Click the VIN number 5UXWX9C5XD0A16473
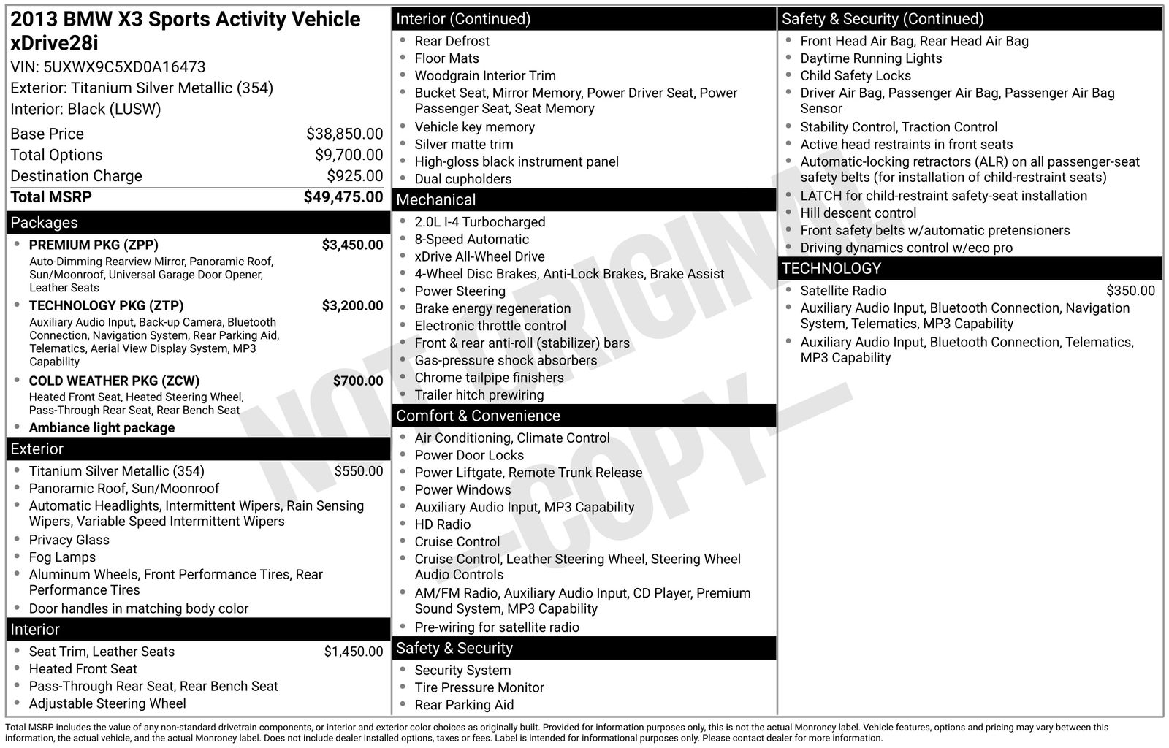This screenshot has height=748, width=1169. pyautogui.click(x=124, y=67)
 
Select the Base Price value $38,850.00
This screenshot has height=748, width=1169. pyautogui.click(x=344, y=134)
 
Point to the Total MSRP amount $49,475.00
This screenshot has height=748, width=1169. pyautogui.click(x=343, y=197)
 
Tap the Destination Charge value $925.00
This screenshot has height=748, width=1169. pyautogui.click(x=354, y=176)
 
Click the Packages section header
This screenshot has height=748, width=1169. pyautogui.click(x=44, y=223)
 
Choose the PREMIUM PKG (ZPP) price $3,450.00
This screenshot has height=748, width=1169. pyautogui.click(x=352, y=245)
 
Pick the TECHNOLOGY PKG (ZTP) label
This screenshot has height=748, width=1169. pyautogui.click(x=106, y=305)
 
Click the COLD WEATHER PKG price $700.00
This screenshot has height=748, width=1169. pyautogui.click(x=357, y=381)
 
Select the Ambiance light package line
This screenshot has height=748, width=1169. pyautogui.click(x=102, y=428)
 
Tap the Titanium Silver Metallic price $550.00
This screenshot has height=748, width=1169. pyautogui.click(x=358, y=471)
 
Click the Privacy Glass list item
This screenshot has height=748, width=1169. pyautogui.click(x=69, y=540)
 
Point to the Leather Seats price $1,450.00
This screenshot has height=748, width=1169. pyautogui.click(x=353, y=652)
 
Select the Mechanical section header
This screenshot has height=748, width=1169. pyautogui.click(x=435, y=199)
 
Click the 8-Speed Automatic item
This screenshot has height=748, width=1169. pyautogui.click(x=471, y=240)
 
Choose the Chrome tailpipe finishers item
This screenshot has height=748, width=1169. pyautogui.click(x=489, y=378)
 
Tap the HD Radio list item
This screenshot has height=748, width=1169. pyautogui.click(x=442, y=524)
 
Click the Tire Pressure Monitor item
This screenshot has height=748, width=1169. pyautogui.click(x=479, y=687)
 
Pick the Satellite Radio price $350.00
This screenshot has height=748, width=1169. pyautogui.click(x=1130, y=291)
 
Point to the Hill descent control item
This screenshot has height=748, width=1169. pyautogui.click(x=858, y=213)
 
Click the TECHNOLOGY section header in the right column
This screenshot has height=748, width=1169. pyautogui.click(x=831, y=268)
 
